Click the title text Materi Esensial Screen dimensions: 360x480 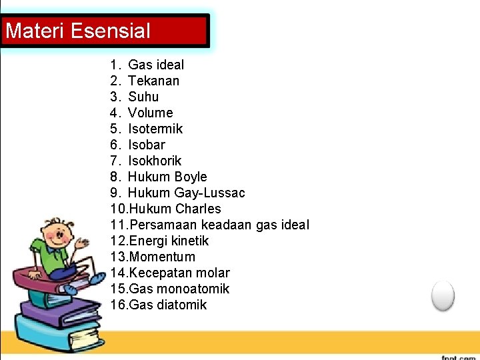coord(78,31)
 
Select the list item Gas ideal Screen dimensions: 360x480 coord(156,65)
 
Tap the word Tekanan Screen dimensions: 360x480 coord(153,81)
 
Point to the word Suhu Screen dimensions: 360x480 coord(143,97)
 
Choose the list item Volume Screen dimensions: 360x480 coord(150,113)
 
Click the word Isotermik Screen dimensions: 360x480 coord(155,129)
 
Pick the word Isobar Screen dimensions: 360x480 coord(146,145)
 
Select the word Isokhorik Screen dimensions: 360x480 coord(154,161)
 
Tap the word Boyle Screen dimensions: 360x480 coord(191,177)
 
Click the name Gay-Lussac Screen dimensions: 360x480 coord(210,193)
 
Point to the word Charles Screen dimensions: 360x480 coord(199,209)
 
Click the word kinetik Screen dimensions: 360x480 coord(191,241)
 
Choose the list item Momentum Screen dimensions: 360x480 coord(162,257)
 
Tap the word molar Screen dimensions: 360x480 coord(213,273)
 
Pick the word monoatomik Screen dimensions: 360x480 coord(193,289)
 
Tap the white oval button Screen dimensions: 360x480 coord(443,295)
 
